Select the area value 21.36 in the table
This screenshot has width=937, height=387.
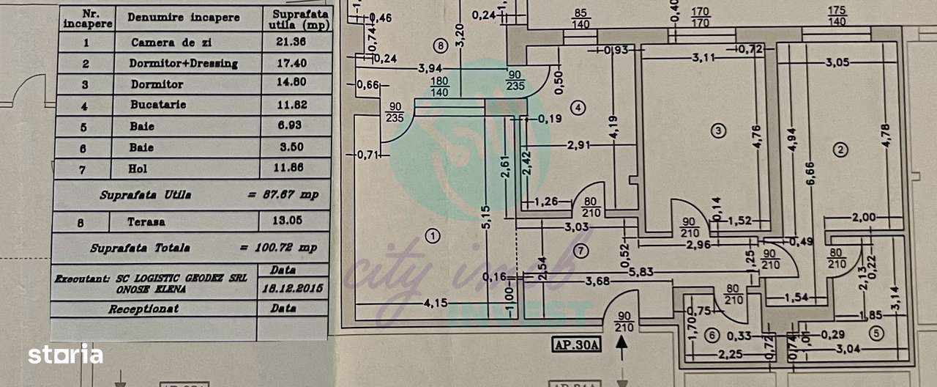[x=289, y=43]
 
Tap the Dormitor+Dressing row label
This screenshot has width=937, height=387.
[x=183, y=64]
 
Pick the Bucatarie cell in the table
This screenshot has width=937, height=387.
[x=157, y=105]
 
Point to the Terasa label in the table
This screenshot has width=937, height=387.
[x=146, y=221]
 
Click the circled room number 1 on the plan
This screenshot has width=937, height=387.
[x=433, y=236]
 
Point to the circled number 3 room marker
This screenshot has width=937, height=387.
[x=719, y=130]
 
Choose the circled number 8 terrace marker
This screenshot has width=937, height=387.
[x=439, y=46]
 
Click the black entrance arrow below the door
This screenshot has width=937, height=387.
[x=623, y=345]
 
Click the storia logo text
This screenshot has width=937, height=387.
[x=65, y=355]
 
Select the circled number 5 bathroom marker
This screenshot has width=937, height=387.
[x=876, y=331]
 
